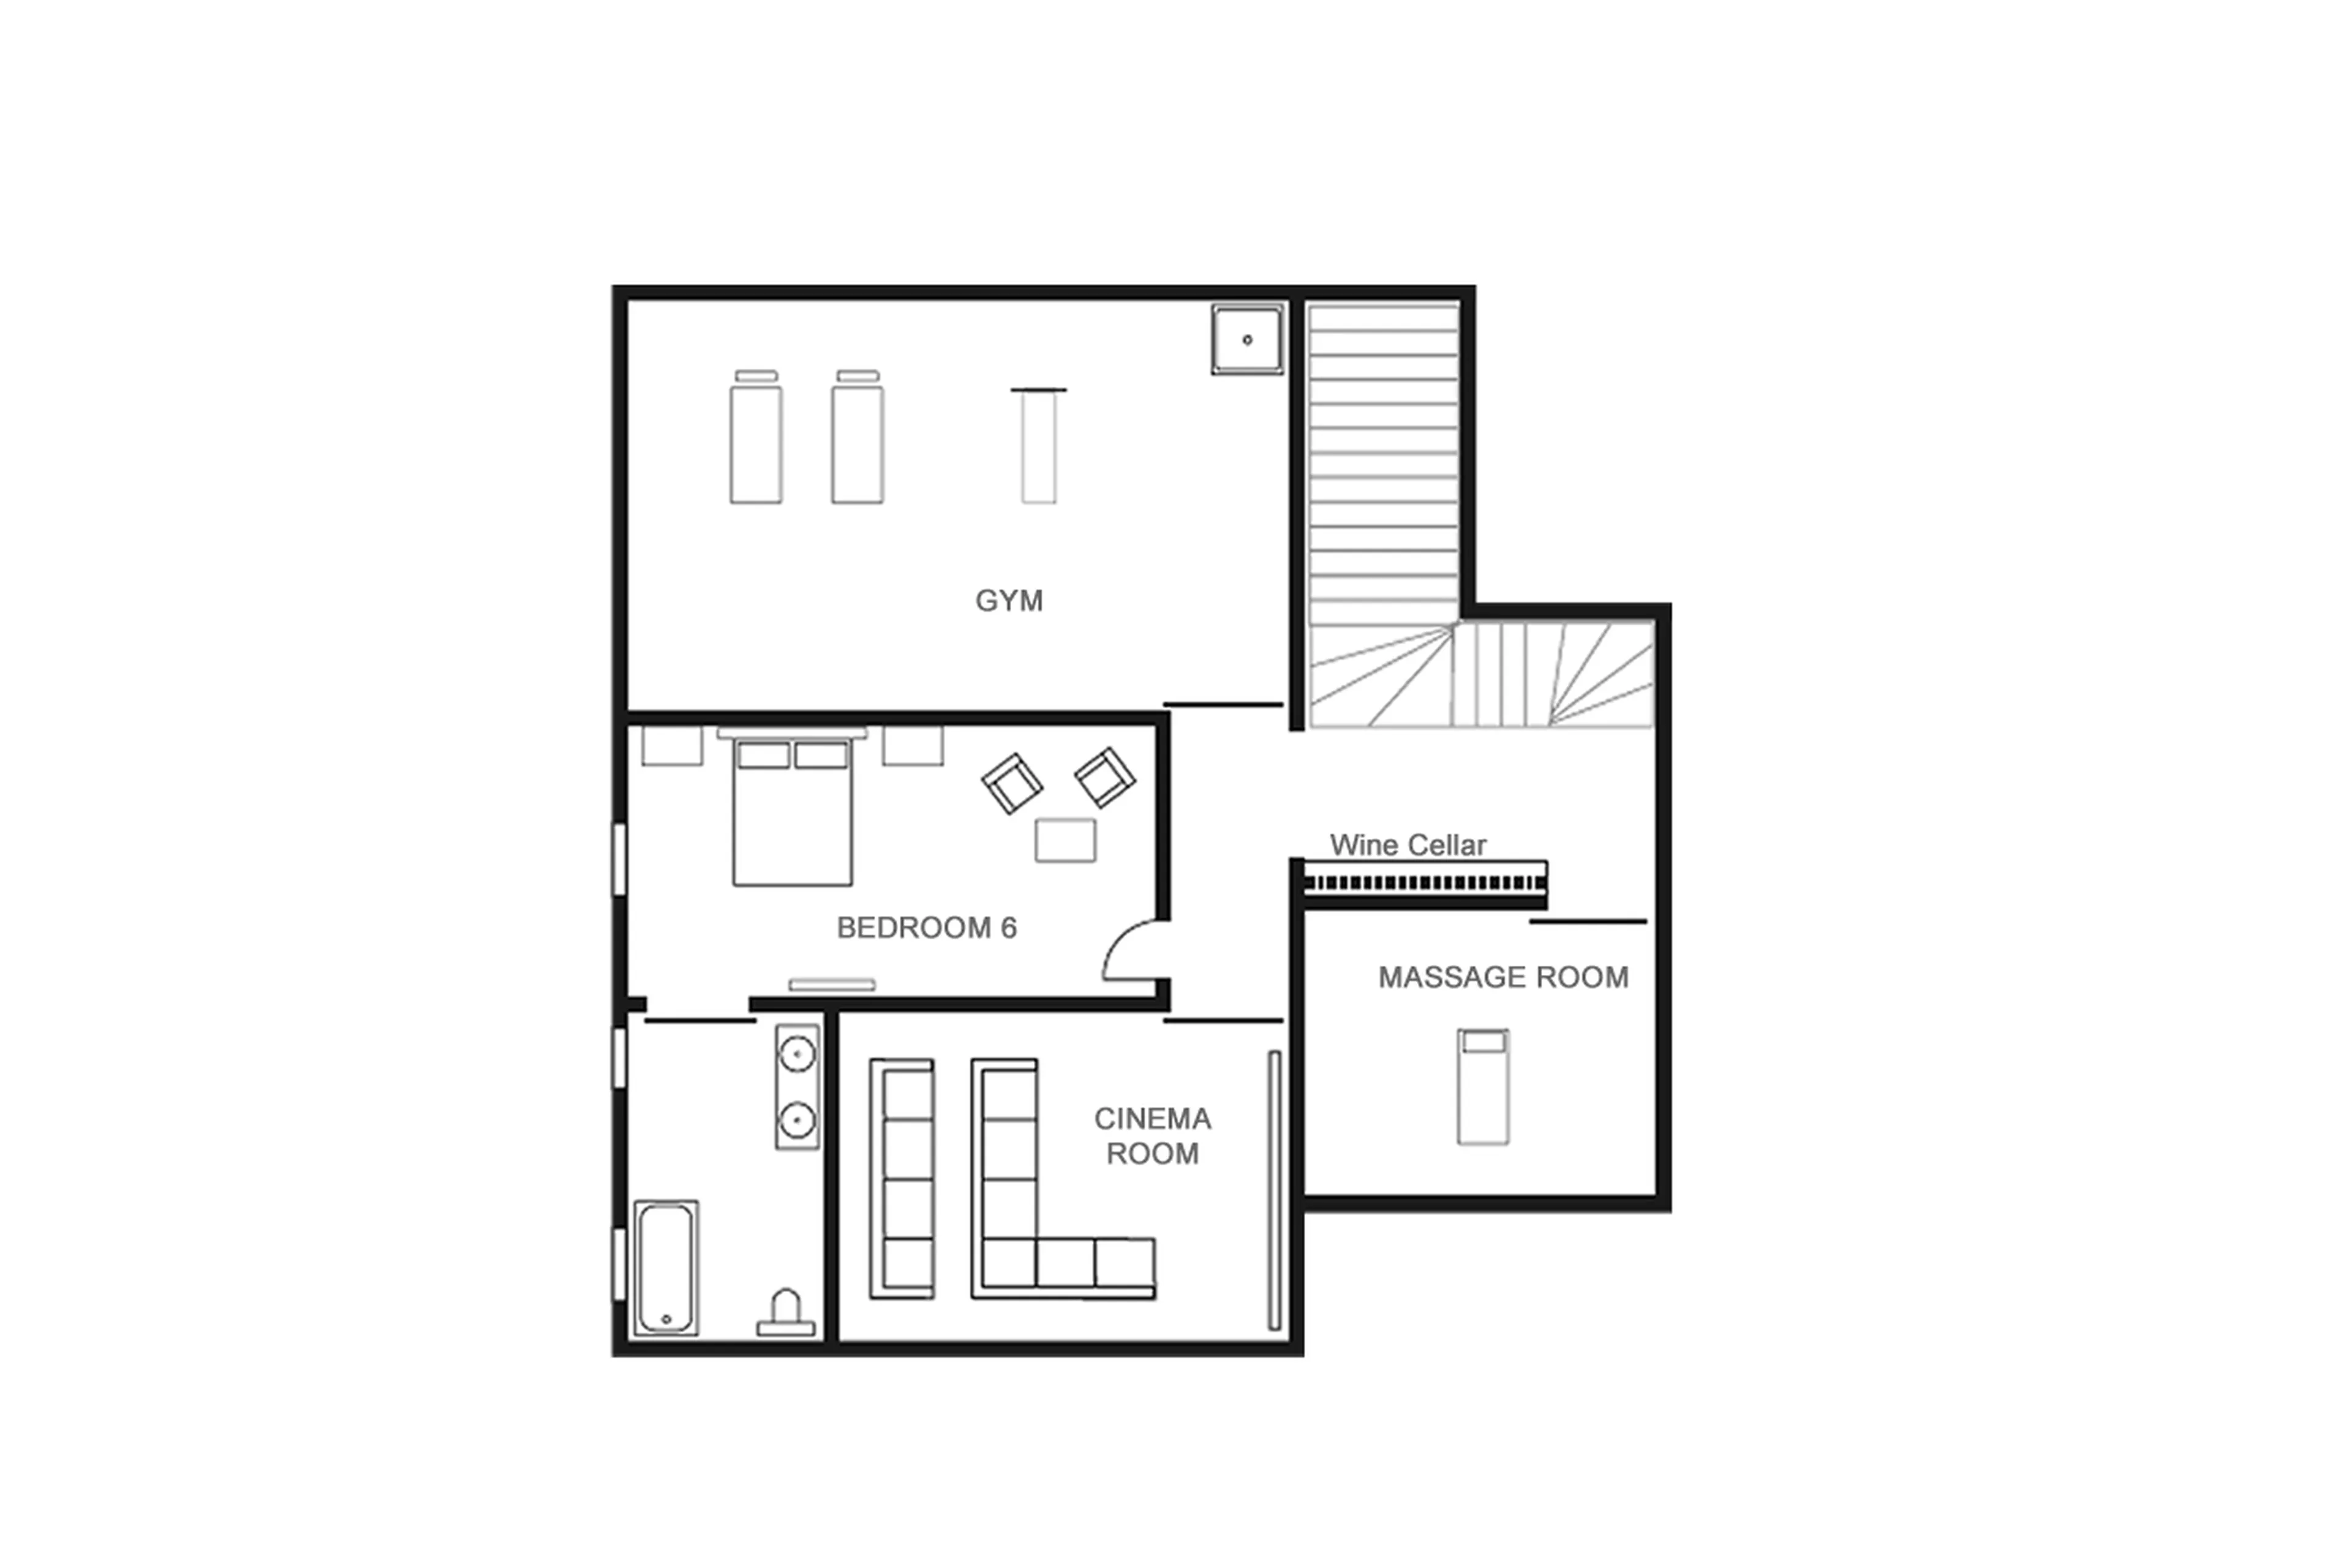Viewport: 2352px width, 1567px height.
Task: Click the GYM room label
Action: pyautogui.click(x=1009, y=601)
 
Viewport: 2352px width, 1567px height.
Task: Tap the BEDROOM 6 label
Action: pyautogui.click(x=927, y=928)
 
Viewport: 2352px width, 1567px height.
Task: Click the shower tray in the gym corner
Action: pyautogui.click(x=1246, y=340)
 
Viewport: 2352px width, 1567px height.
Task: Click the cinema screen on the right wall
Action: pyautogui.click(x=1275, y=1189)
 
